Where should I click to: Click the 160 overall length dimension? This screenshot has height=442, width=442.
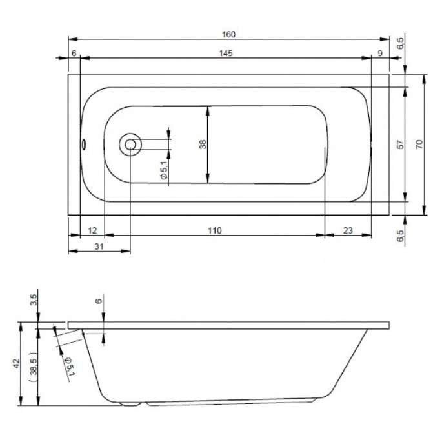tap(228, 34)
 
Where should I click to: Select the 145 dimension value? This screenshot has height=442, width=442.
tap(226, 53)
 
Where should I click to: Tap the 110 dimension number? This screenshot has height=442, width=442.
tap(215, 230)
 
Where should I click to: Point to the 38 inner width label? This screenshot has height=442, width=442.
tap(203, 145)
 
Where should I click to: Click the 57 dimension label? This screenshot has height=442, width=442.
tap(400, 145)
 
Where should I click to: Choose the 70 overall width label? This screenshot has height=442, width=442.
tap(419, 145)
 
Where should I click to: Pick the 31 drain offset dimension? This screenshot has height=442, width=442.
tap(99, 246)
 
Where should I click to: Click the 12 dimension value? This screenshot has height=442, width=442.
tap(92, 230)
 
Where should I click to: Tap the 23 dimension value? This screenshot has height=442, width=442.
tap(348, 230)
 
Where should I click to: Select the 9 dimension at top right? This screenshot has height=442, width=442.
tap(380, 53)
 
